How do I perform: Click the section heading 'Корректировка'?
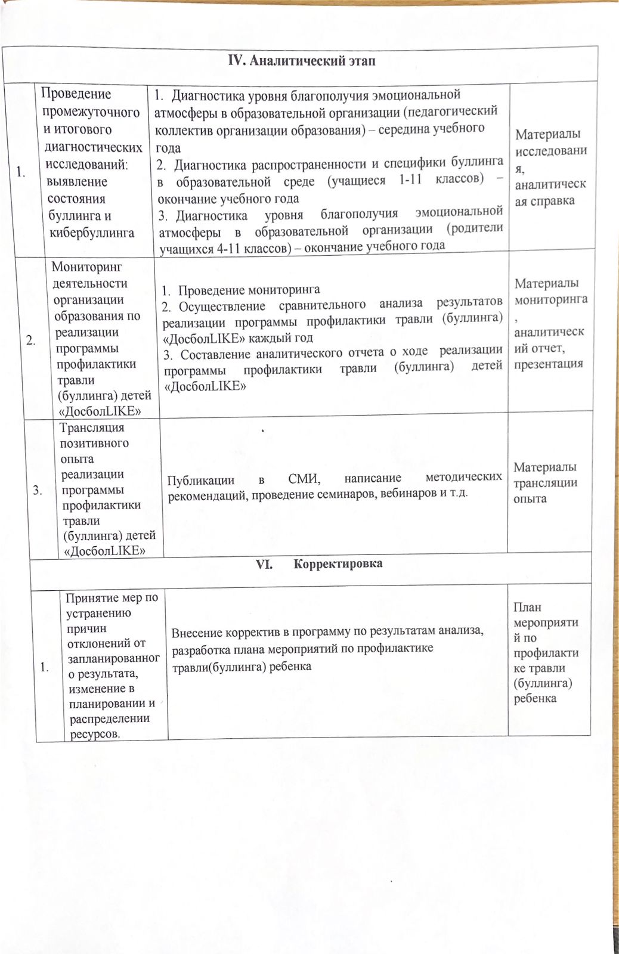point(338,564)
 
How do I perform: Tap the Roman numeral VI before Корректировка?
point(264,564)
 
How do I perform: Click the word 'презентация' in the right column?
point(549,364)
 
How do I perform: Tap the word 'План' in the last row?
point(527,608)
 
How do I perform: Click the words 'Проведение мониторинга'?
point(249,290)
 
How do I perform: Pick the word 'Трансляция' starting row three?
point(92,428)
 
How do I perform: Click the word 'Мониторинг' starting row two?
point(87,268)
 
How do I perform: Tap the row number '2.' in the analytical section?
point(30,340)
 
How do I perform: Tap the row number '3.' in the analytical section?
point(37,490)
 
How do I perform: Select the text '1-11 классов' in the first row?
point(442,181)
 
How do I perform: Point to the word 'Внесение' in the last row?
point(197,633)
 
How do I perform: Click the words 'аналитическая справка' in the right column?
point(550,193)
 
